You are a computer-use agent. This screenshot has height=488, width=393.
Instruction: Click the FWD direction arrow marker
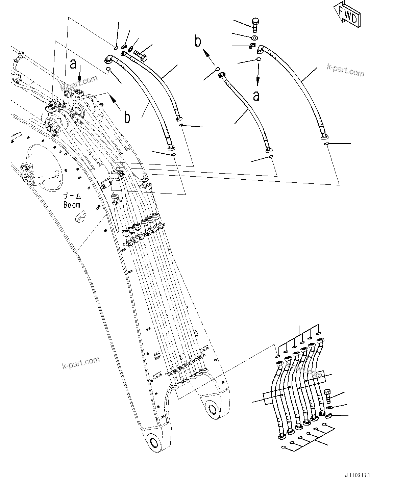pyautogui.click(x=347, y=15)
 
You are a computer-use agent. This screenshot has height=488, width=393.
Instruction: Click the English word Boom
pyautogui.click(x=72, y=205)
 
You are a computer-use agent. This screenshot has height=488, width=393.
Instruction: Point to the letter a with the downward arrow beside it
pyautogui.click(x=73, y=64)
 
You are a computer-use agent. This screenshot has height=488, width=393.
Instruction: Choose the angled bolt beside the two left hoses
pyautogui.click(x=140, y=54)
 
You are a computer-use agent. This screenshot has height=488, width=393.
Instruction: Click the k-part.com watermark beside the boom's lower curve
pyautogui.click(x=81, y=363)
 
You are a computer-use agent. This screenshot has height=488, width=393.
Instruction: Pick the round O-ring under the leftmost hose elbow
pyautogui.click(x=109, y=70)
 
